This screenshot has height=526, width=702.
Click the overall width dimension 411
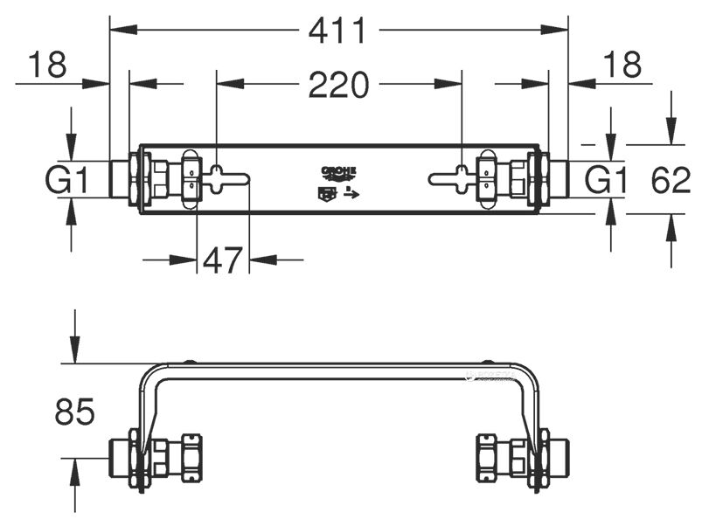pos(338,31)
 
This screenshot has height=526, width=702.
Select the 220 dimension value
pos(338,85)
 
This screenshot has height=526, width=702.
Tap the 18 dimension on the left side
pos(47,65)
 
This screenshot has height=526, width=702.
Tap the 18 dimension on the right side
pos(622,65)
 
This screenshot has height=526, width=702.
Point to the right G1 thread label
pos(606,181)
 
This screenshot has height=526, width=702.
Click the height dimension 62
pos(671,181)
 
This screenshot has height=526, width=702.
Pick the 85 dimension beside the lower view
pos(74,412)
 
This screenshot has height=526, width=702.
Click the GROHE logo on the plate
pos(338,171)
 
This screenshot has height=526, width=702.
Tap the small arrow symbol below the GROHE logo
pos(351,193)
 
